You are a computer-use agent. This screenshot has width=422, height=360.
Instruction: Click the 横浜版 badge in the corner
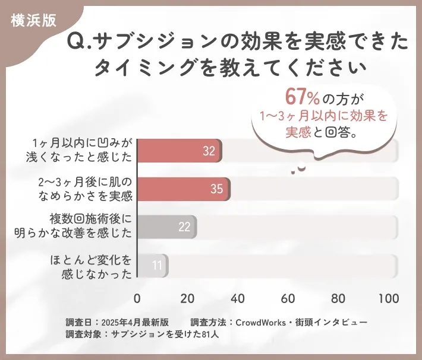(x=33, y=20)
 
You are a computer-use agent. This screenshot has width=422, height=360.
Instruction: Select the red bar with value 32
(x=179, y=151)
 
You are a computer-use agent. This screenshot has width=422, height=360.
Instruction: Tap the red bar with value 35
(x=184, y=189)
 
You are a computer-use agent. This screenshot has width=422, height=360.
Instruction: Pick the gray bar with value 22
(x=167, y=227)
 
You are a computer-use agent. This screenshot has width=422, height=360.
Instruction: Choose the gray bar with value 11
(x=152, y=265)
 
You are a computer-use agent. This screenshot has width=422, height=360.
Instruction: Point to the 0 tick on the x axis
(x=137, y=298)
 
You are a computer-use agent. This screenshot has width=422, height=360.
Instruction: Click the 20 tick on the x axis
(x=188, y=298)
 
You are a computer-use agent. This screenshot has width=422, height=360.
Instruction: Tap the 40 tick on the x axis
(x=238, y=298)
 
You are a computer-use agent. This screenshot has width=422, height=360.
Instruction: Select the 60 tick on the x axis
(x=289, y=298)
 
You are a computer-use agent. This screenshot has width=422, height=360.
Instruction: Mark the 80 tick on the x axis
(x=339, y=298)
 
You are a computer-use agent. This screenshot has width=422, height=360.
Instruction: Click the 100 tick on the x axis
(x=389, y=298)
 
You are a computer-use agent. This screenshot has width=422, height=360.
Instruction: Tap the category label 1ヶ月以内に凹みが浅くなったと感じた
(x=83, y=151)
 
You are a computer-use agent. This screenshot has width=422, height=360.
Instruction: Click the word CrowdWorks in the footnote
(x=262, y=322)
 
